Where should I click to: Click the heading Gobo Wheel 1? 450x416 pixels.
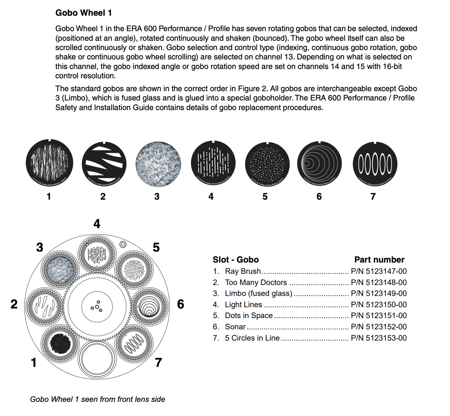point(83,13)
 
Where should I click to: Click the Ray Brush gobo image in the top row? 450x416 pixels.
point(49,163)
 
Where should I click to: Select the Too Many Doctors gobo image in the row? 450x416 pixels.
point(104,164)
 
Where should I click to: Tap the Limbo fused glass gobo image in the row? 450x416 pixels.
point(158,164)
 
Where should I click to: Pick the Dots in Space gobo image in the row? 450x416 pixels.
point(267,164)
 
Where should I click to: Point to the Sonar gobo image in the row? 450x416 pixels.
point(319,164)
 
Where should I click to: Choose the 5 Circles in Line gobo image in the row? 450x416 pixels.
point(375,164)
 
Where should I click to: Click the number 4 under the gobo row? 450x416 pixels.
point(211,196)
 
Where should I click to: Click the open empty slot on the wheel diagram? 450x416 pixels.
point(97,359)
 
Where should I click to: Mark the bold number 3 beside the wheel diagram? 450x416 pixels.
point(39,247)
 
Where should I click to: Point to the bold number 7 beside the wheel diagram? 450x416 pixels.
point(158,363)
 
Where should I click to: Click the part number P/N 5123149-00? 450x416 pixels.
point(379,293)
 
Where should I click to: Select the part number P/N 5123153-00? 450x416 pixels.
point(379,338)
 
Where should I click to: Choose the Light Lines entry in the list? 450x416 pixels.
point(243,305)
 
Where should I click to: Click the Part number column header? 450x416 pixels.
point(379,260)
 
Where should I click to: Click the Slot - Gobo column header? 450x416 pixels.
point(236,260)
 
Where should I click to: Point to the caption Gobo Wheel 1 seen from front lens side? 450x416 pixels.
point(98,399)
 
